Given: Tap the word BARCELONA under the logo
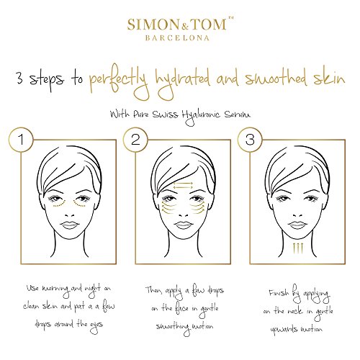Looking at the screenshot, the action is pos(177,38).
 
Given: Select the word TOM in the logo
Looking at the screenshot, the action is pos(209,24).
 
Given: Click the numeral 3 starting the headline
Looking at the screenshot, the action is pos(19,78).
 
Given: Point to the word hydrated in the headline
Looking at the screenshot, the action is pos(183,81).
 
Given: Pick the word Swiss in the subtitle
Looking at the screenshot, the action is pos(165,114).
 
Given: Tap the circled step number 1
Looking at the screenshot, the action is pos(22,140).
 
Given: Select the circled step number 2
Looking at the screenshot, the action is pos(135,140).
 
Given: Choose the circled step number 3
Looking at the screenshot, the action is pos(250,140).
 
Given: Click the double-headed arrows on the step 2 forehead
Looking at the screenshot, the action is pos(183,185).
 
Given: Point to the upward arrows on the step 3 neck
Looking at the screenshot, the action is pos(298,248).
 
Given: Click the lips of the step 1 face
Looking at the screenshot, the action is pos(69,225).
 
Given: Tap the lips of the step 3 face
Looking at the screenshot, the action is pos(297,225).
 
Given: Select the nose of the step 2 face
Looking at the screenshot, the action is pos(184,215).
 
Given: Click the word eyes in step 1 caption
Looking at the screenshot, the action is pos(96,326).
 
